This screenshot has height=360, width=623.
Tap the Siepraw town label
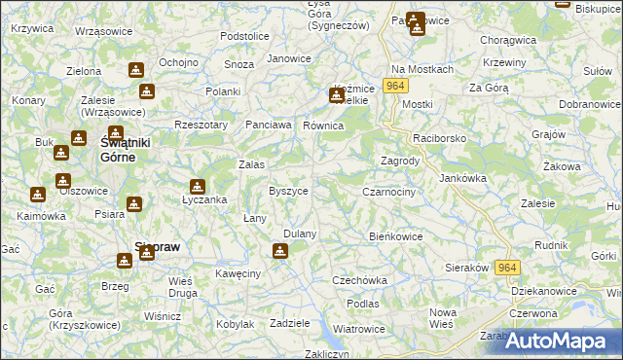click(156, 247)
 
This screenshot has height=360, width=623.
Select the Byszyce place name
click(288, 191)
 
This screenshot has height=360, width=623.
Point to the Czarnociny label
click(388, 193)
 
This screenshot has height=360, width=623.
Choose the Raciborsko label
click(440, 139)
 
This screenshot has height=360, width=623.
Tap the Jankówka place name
click(462, 178)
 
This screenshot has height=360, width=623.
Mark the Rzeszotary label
click(200, 125)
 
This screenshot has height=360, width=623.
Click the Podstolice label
click(244, 36)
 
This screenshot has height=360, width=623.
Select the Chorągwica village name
click(509, 41)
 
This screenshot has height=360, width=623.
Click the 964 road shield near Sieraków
click(506, 268)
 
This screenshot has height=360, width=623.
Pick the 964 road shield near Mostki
click(394, 87)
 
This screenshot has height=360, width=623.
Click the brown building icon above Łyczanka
click(198, 186)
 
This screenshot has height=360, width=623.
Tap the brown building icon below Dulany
click(280, 251)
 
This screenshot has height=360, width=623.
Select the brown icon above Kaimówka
click(38, 195)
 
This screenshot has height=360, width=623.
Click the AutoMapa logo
click(562, 341)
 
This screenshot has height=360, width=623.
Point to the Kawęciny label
click(238, 274)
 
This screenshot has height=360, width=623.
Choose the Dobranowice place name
click(590, 103)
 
